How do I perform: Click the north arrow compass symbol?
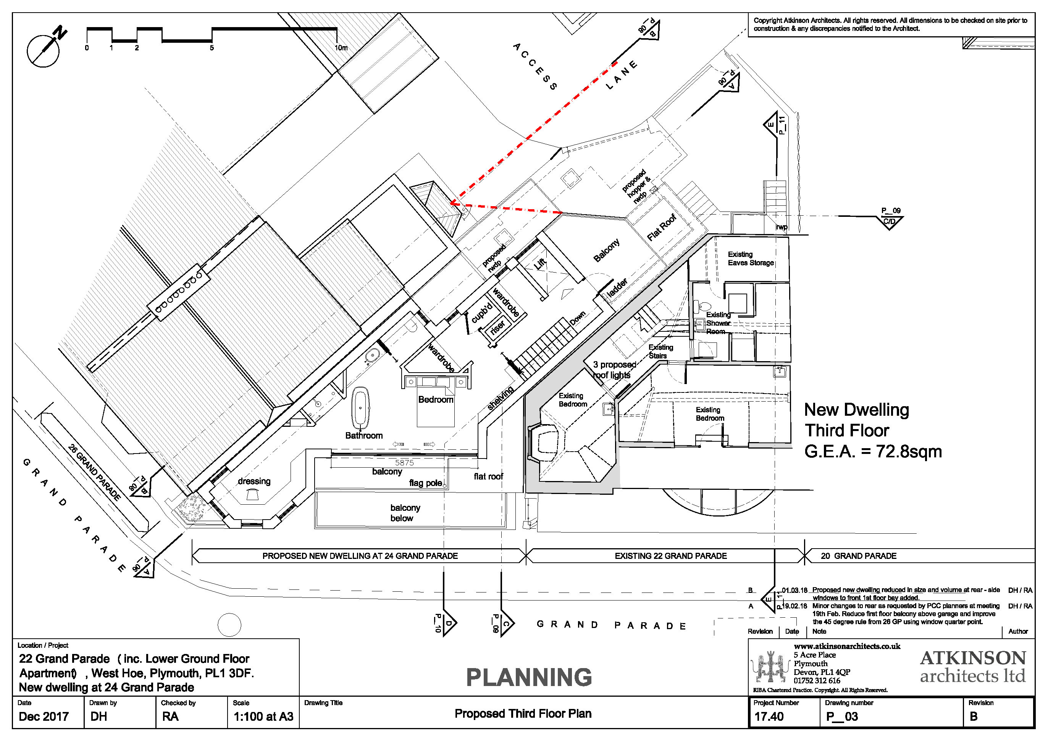[44, 50]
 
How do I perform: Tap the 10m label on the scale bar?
[341, 48]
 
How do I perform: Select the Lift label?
[540, 263]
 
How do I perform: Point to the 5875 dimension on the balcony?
[404, 463]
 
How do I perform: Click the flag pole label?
[425, 483]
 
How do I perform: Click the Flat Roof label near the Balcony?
[661, 227]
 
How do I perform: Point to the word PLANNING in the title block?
[528, 677]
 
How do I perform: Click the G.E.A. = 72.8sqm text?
[873, 451]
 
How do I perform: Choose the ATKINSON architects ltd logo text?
[973, 667]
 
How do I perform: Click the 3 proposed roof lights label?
[614, 370]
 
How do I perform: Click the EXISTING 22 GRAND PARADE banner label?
[670, 556]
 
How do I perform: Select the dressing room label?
[254, 481]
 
